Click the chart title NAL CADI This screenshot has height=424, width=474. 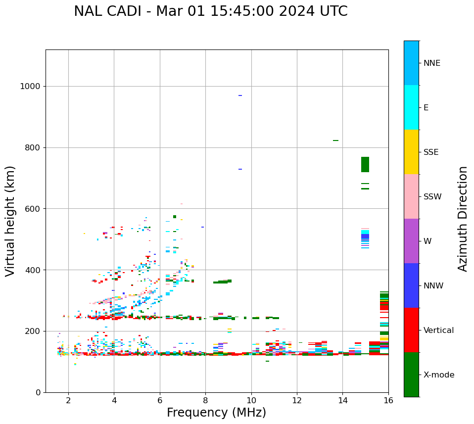[210, 11]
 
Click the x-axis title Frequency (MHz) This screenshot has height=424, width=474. [216, 413]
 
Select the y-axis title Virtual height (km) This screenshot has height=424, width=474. [10, 221]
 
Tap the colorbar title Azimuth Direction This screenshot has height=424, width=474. [463, 219]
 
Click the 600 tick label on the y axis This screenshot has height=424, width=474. [33, 209]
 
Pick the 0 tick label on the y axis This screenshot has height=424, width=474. [38, 392]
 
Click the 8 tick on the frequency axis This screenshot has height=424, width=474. [205, 400]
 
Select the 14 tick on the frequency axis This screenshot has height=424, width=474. [343, 400]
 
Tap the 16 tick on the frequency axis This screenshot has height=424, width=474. [388, 400]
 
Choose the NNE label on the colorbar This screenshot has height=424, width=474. [431, 63]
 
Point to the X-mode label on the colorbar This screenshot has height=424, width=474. [438, 375]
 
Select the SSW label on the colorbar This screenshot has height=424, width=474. [432, 197]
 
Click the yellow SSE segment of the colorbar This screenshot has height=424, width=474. [411, 152]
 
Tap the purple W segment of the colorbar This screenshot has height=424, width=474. [411, 241]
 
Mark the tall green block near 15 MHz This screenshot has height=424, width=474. [365, 164]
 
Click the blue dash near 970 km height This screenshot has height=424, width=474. [240, 95]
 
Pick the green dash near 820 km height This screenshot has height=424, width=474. [335, 141]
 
